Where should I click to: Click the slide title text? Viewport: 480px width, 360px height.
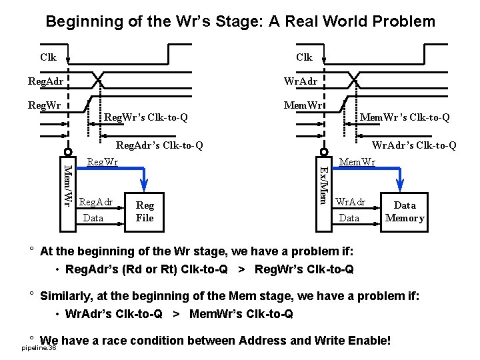click(x=240, y=21)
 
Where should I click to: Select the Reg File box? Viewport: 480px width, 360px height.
click(x=144, y=212)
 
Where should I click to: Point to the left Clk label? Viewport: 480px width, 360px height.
click(x=48, y=57)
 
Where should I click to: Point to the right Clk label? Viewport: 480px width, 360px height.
click(x=304, y=57)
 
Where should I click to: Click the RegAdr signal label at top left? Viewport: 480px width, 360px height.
click(x=43, y=81)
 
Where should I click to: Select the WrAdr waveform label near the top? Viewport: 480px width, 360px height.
click(x=301, y=81)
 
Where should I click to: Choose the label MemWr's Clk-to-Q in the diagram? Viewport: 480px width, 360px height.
click(x=405, y=118)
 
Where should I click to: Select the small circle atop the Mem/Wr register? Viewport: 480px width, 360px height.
click(x=67, y=151)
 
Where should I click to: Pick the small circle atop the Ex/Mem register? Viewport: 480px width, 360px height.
click(x=323, y=151)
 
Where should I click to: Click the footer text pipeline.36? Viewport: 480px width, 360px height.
click(x=39, y=349)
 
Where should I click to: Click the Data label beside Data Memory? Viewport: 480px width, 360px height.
click(x=349, y=218)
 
